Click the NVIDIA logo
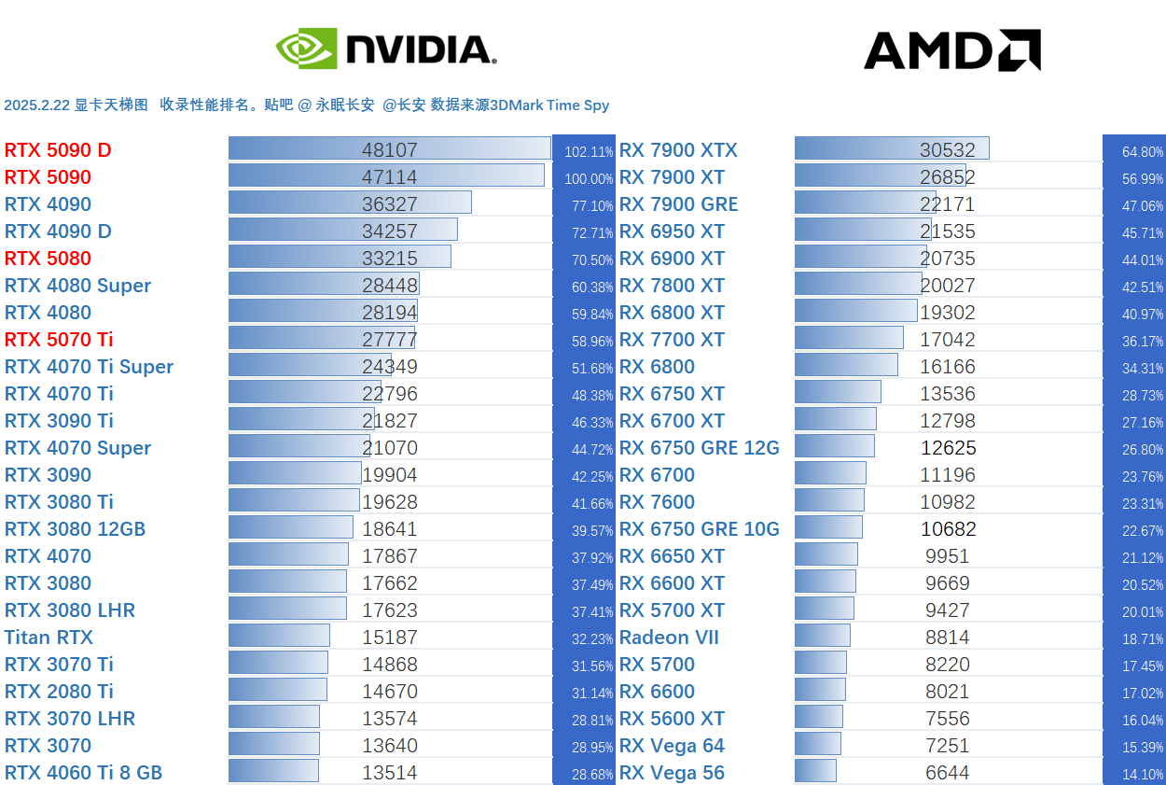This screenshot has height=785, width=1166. click(x=385, y=49)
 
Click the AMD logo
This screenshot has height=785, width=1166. click(x=951, y=50)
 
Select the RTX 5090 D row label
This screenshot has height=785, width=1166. click(x=58, y=150)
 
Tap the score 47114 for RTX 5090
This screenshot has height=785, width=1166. click(x=390, y=177)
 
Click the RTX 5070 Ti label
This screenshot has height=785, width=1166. click(x=59, y=340)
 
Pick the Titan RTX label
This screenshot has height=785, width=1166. click(x=49, y=638)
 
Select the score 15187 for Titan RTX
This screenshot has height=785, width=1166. click(x=390, y=638)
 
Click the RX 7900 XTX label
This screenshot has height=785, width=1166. click(x=678, y=150)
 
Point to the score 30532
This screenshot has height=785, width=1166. click(x=948, y=150)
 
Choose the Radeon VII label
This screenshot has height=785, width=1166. click(x=669, y=638)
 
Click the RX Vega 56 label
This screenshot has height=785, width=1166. click(x=672, y=773)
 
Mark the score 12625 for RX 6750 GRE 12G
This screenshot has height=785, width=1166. click(x=948, y=448)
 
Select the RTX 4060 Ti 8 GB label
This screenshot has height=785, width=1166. click(x=83, y=773)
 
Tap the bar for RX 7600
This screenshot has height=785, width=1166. click(x=829, y=501)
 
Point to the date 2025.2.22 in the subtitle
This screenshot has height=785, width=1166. click(x=37, y=105)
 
